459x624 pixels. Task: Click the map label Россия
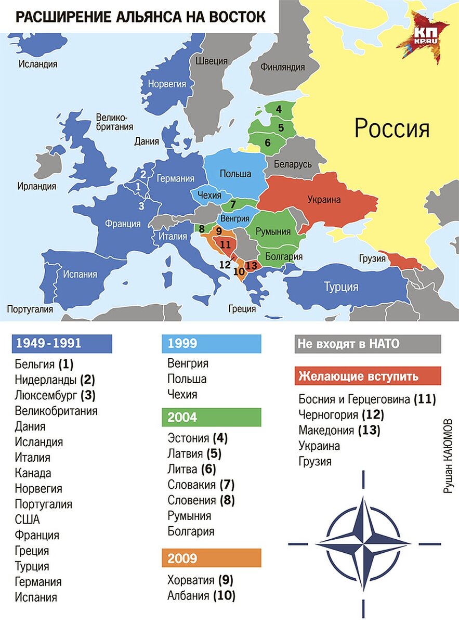(392, 127)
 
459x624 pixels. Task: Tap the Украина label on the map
(323, 199)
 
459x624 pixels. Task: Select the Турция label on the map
(341, 287)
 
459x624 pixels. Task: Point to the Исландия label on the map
(38, 64)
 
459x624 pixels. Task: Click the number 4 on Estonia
(279, 109)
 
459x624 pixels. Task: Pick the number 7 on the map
(233, 203)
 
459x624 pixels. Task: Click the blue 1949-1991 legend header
(62, 344)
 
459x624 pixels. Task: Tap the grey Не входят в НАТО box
(367, 344)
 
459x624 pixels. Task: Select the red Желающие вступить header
(367, 376)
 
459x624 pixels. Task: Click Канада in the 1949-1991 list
(33, 473)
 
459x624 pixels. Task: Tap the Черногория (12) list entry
(341, 415)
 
